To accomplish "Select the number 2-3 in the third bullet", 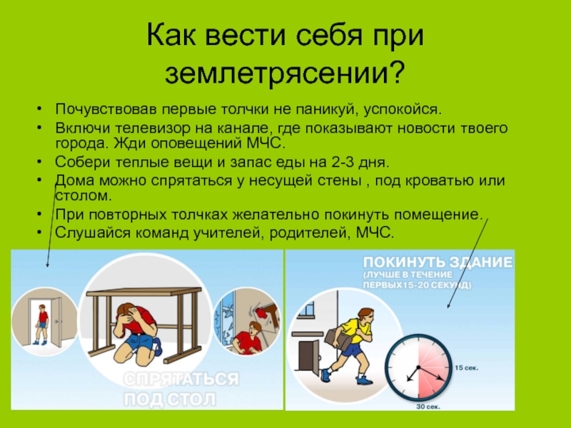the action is pyautogui.click(x=343, y=163).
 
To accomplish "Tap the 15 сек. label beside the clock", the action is pyautogui.click(x=467, y=368).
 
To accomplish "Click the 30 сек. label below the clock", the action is pyautogui.click(x=428, y=407).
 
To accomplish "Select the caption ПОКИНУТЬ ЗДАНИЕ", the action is pyautogui.click(x=438, y=263).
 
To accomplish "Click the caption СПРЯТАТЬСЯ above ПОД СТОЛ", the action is pyautogui.click(x=181, y=379).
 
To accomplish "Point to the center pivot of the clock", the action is pyautogui.click(x=419, y=367).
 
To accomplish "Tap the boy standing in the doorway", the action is pyautogui.click(x=43, y=325).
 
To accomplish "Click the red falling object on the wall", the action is pyautogui.click(x=261, y=312).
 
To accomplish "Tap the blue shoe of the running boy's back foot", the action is pyautogui.click(x=325, y=375).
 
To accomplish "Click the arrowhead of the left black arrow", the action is pyautogui.click(x=47, y=265).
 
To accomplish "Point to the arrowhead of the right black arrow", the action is pyautogui.click(x=449, y=305).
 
